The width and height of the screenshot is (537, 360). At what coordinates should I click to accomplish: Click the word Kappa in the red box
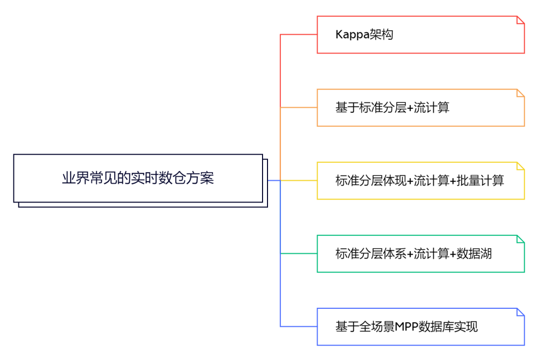coord(353,35)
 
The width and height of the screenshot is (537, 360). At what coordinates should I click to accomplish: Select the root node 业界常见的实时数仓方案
coord(138,178)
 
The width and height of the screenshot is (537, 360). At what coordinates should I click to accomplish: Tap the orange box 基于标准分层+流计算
coord(420,107)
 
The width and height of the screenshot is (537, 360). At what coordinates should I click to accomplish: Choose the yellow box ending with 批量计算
coord(420,180)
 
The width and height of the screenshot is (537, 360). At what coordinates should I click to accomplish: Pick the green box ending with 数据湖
coord(420,254)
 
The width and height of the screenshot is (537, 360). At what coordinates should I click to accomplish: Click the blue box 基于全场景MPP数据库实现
coord(420,327)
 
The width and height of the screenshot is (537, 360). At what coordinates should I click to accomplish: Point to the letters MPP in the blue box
coord(407,327)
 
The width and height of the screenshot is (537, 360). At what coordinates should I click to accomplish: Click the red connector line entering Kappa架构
coord(298,34)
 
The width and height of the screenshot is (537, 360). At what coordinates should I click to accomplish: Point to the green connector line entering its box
coord(298,254)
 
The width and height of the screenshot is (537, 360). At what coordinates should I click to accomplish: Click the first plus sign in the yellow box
coord(410,181)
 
